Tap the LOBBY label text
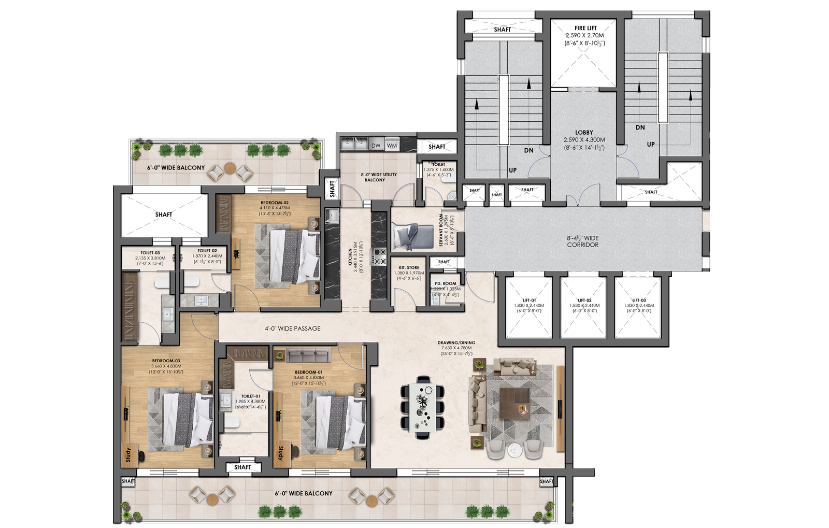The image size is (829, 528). (583, 133)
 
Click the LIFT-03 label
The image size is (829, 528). (639, 300)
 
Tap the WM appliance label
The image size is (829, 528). (392, 146)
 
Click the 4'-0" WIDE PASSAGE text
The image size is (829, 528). (293, 329)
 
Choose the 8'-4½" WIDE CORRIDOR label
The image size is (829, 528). (582, 241)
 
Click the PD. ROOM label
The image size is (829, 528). (445, 283)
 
